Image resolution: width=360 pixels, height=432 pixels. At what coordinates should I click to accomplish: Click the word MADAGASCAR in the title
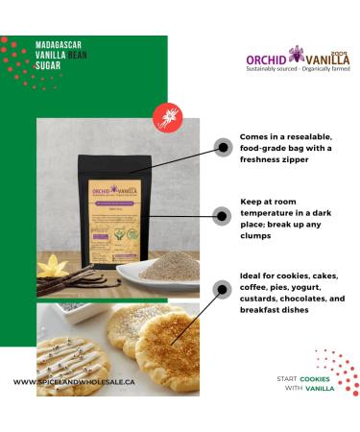56,44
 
